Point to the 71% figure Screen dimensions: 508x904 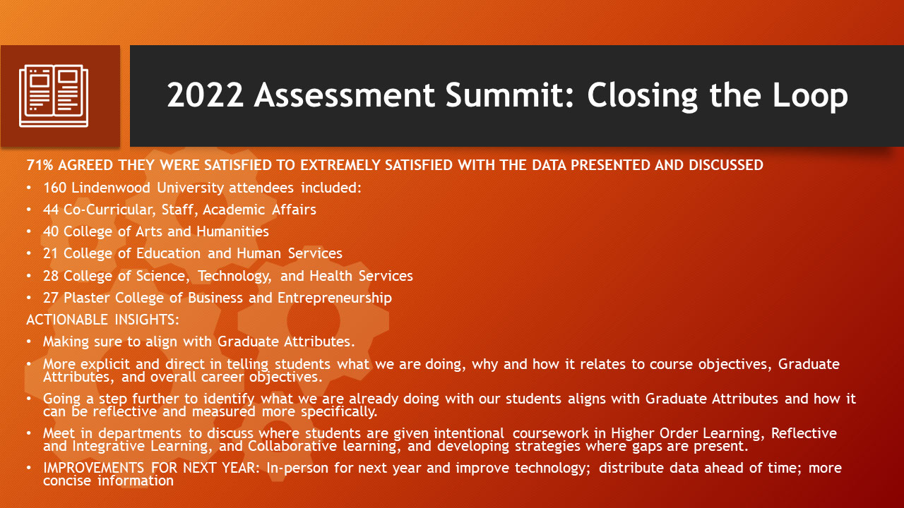tap(38, 165)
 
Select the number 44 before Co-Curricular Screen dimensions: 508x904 tap(51, 210)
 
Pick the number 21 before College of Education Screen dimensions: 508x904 tap(51, 253)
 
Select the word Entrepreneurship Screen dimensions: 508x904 tap(335, 298)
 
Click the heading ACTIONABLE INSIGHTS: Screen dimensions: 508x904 tap(103, 320)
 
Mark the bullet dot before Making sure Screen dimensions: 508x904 tap(28, 342)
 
